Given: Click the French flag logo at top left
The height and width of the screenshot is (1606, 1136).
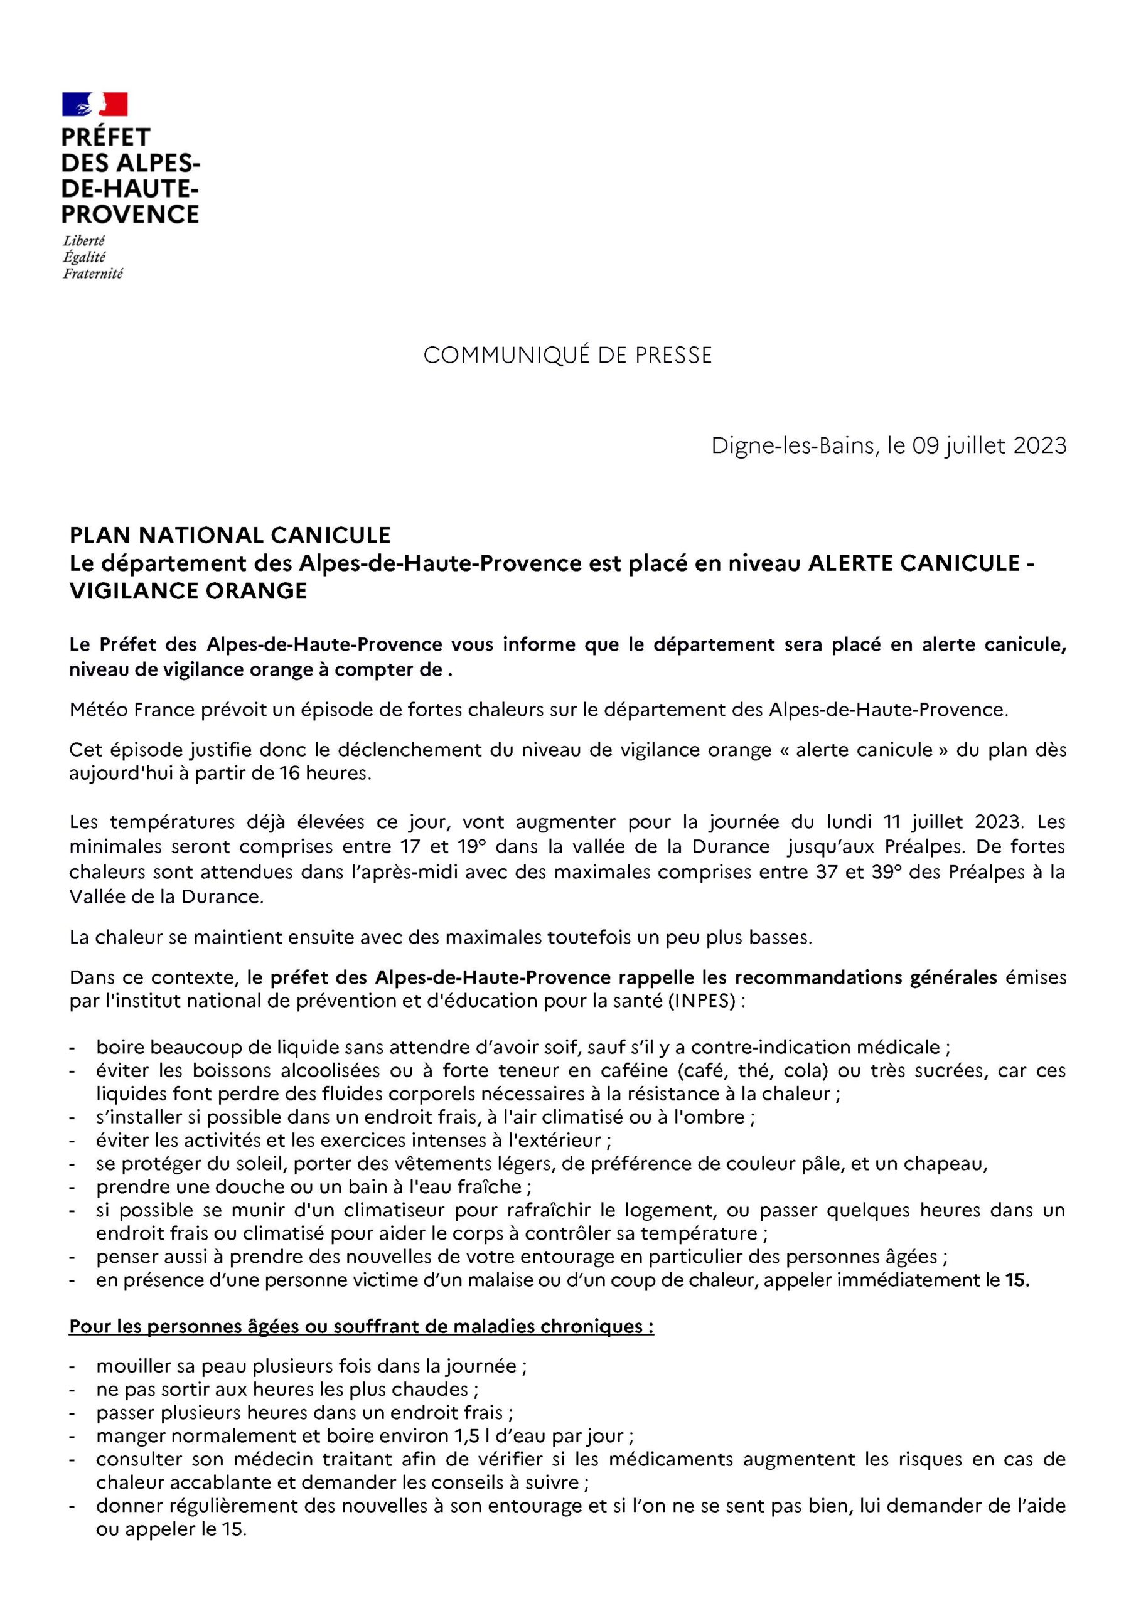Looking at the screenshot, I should click(x=95, y=104).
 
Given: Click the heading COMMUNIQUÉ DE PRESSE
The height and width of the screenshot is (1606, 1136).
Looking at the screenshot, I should click(x=567, y=355).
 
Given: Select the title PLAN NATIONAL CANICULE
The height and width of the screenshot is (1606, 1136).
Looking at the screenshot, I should click(x=230, y=535).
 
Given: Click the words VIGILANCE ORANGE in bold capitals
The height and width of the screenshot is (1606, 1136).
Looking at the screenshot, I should click(x=188, y=591).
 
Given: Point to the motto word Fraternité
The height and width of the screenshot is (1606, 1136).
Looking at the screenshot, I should click(x=92, y=274).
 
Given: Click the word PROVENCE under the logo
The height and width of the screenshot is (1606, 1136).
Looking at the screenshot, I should click(x=130, y=214).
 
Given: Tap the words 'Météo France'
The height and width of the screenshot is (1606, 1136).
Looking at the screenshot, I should click(x=115, y=710).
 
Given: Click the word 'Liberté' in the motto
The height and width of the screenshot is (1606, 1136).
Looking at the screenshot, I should click(x=84, y=241).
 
